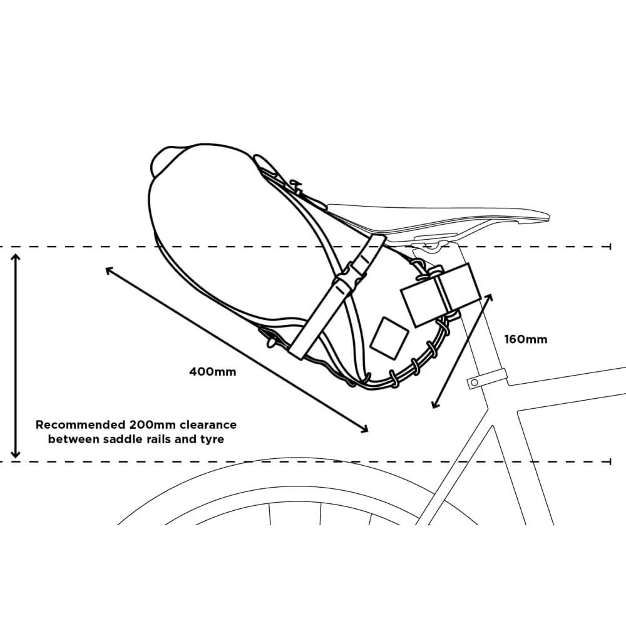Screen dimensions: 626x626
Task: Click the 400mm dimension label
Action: (x=213, y=372)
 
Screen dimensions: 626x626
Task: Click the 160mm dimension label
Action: (x=526, y=340)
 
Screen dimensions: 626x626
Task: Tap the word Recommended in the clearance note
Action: (x=81, y=425)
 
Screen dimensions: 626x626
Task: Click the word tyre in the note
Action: (x=212, y=439)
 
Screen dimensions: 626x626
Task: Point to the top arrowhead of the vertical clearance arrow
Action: (x=16, y=258)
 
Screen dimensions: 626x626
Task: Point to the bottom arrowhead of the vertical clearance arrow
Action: (x=16, y=453)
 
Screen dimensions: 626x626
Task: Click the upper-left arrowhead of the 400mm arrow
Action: (x=110, y=271)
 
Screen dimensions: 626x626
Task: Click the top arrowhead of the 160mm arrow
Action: (x=490, y=297)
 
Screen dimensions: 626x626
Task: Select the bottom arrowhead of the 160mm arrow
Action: (x=435, y=404)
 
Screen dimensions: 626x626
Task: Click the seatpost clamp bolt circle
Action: (x=475, y=383)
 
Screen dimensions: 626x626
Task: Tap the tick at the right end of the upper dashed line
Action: (x=610, y=247)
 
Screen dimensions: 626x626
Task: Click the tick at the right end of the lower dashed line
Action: (x=610, y=462)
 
